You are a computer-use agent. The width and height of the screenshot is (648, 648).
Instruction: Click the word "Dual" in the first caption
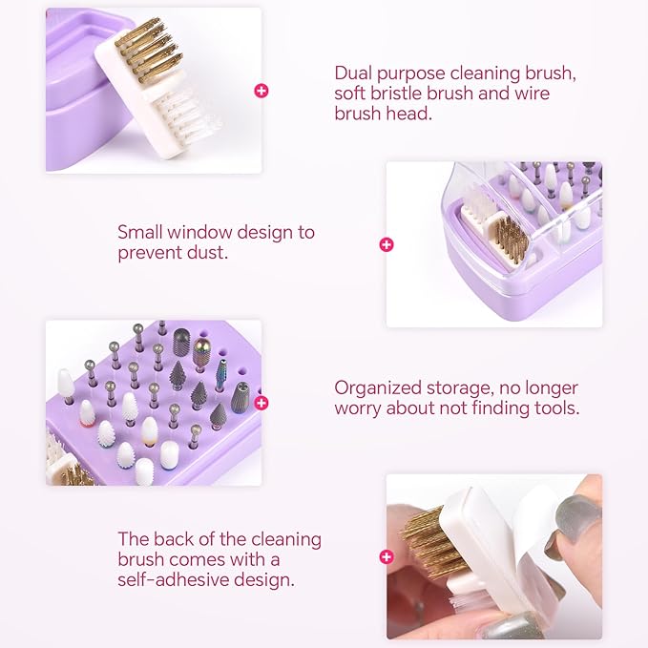click(x=353, y=73)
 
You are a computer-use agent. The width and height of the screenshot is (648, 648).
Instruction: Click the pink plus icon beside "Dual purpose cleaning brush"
click(x=261, y=91)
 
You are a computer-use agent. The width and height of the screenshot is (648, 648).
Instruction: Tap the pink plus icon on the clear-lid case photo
click(x=387, y=244)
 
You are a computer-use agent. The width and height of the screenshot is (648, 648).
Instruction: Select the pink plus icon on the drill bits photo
click(x=261, y=403)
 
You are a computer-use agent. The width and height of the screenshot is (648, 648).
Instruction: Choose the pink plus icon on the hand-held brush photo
click(x=387, y=556)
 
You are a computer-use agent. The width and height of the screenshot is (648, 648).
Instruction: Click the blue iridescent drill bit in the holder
click(x=222, y=376)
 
